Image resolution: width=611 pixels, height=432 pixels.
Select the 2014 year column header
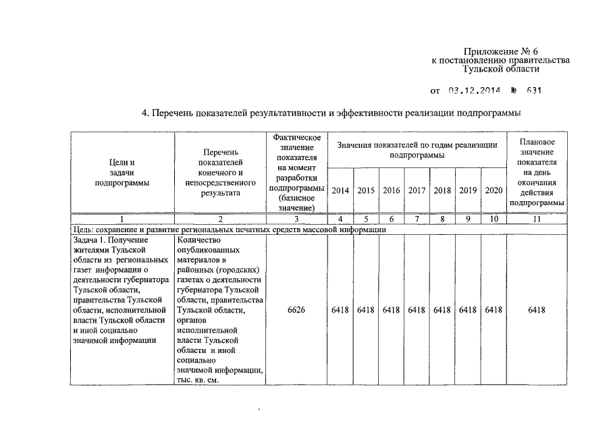coord(340,190)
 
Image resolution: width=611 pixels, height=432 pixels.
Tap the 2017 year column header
coord(417,190)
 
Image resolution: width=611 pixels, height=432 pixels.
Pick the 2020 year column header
coord(494,190)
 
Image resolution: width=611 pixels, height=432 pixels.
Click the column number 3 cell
coord(296,219)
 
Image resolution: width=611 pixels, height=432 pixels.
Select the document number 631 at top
coord(533,90)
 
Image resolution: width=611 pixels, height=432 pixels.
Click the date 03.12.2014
coord(477,90)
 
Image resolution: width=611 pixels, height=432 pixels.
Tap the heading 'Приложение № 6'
coord(500,52)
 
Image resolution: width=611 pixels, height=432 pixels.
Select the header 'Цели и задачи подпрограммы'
coord(122,173)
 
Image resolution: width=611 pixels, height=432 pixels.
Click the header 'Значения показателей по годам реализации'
coord(417,150)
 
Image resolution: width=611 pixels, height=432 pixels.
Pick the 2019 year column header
coord(468,190)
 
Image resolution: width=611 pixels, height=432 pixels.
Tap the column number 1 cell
coord(122,219)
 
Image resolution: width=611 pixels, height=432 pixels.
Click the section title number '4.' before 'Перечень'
coord(145,112)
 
